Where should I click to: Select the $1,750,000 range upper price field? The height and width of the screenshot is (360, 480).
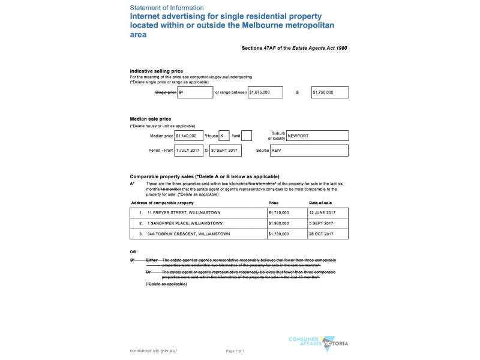[x=330, y=92]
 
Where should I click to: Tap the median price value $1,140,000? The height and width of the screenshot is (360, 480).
[x=188, y=136]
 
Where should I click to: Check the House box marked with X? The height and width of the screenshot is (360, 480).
[x=224, y=136]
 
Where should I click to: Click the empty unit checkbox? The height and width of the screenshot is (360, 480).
[x=247, y=136]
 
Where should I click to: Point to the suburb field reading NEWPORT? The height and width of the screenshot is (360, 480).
[x=317, y=136]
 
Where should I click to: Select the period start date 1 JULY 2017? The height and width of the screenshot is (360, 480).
[x=188, y=150]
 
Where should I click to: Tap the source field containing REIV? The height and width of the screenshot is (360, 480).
[x=317, y=150]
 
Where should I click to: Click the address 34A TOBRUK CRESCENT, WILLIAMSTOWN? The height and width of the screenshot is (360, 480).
[x=186, y=233]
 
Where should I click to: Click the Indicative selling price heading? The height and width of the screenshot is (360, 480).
[x=152, y=71]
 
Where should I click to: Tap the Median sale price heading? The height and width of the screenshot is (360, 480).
[x=148, y=119]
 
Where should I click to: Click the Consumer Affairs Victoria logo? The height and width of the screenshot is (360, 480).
[x=326, y=343]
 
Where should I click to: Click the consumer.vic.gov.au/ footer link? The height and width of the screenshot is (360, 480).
[x=154, y=350]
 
